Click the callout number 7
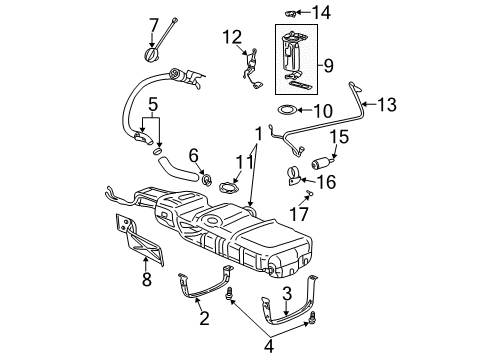click(153, 23)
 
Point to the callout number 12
click(232, 37)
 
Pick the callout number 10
click(325, 110)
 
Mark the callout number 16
click(326, 181)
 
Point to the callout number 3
click(286, 293)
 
